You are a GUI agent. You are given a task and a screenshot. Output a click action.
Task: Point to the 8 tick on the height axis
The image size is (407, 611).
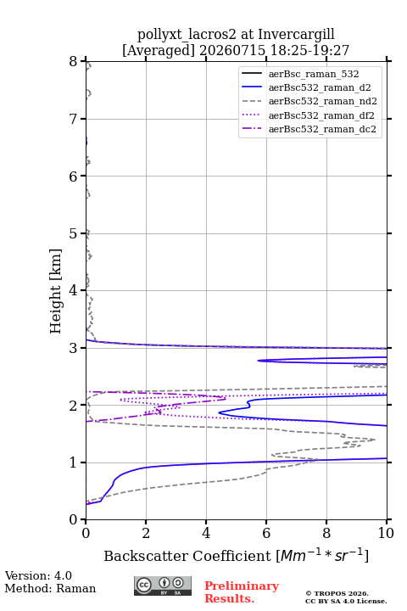click(x=74, y=62)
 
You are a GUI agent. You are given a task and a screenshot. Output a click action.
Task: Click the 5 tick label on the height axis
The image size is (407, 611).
click(x=74, y=234)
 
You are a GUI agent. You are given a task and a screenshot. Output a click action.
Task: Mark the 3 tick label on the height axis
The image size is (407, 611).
click(x=74, y=348)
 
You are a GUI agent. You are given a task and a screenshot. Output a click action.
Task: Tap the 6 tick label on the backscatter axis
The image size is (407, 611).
click(x=266, y=533)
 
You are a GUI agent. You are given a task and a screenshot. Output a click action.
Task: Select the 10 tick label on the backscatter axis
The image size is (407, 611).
click(x=386, y=533)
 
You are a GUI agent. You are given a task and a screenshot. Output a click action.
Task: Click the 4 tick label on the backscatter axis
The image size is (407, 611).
click(x=206, y=533)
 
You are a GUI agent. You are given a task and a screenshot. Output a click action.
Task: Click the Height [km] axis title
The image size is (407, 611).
click(x=56, y=291)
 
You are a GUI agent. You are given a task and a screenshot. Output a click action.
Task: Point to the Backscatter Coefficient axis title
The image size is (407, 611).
click(x=236, y=555)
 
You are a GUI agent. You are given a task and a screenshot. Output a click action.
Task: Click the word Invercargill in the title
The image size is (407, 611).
click(x=296, y=35)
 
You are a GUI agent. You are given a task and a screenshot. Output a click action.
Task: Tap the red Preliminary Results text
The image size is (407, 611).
click(x=242, y=592)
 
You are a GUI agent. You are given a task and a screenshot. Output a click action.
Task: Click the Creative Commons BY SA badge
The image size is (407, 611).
click(x=163, y=586)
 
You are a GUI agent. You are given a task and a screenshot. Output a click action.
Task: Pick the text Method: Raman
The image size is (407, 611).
click(x=50, y=588)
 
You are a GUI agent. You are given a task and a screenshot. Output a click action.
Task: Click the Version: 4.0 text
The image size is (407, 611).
click(x=38, y=575)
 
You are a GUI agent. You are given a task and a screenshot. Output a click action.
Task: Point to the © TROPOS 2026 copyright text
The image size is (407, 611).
click(x=337, y=593)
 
